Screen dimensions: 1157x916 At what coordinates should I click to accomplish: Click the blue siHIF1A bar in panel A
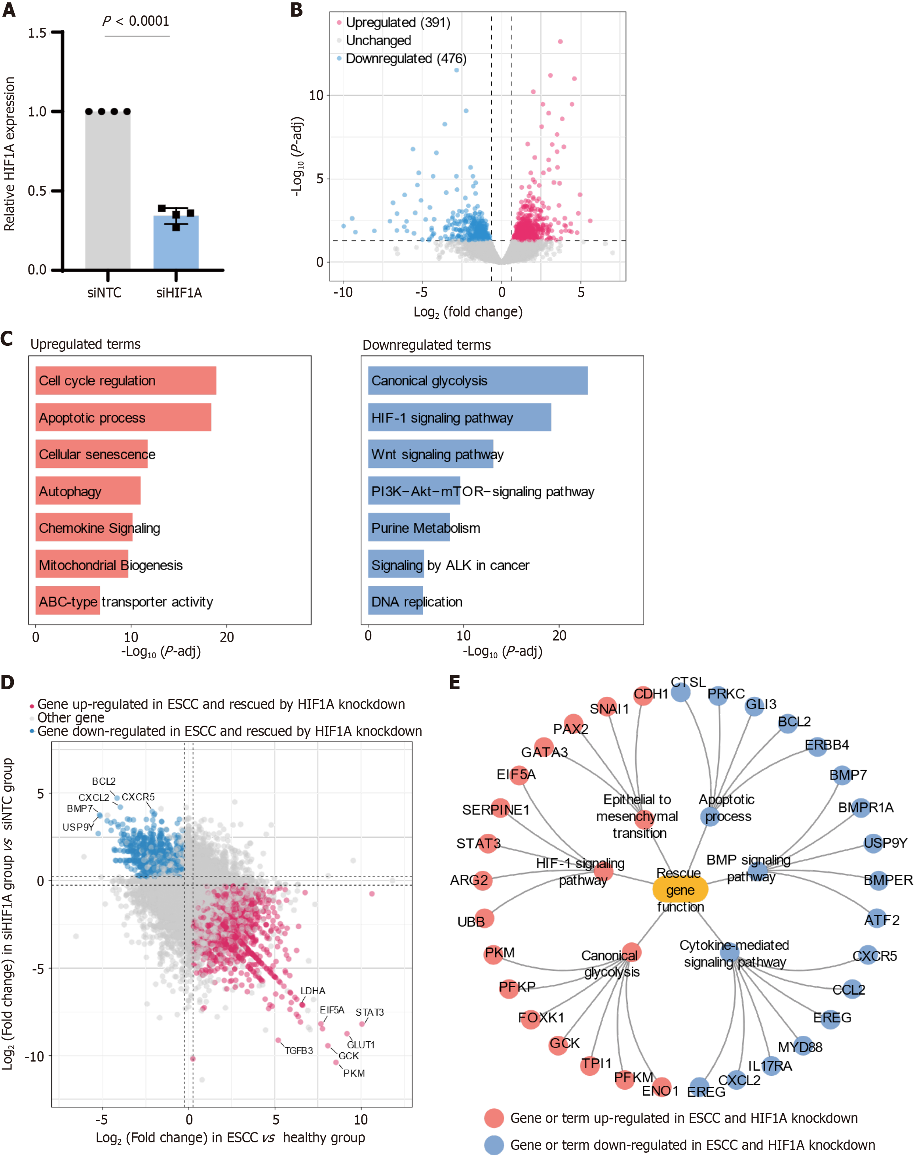coord(176,242)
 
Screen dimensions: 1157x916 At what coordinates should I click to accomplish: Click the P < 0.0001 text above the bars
coord(136,21)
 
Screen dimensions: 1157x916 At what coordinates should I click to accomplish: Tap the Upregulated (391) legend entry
coord(397,23)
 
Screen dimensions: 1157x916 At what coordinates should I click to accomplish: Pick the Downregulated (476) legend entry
coord(405,59)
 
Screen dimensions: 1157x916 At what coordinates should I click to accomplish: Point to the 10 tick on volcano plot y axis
coord(316,95)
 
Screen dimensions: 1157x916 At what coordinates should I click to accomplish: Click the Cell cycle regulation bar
coord(126,381)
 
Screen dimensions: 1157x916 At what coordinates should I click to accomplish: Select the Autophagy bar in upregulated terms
coord(88,491)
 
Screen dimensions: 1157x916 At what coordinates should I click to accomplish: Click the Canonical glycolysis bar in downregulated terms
coord(477,381)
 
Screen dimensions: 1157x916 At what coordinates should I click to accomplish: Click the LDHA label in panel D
coord(313,991)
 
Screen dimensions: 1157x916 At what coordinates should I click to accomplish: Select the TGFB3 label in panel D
coord(299,1050)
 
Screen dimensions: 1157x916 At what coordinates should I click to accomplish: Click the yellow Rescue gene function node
coord(680,890)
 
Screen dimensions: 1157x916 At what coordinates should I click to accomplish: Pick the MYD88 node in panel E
coord(802,1045)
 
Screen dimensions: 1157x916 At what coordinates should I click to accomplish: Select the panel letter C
coord(7,339)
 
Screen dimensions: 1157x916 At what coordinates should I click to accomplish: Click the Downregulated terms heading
coord(426,345)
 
